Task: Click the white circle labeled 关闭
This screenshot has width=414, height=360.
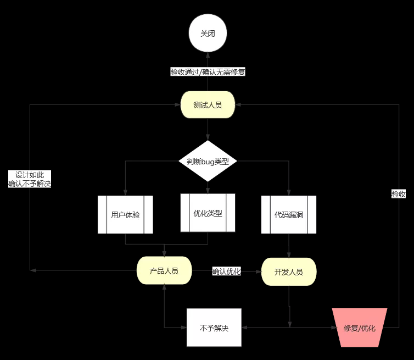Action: click(208, 34)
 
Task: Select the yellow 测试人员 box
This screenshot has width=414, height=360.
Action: click(208, 105)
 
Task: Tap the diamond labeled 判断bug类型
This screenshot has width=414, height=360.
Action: click(208, 161)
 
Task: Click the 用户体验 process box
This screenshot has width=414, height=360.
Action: click(125, 215)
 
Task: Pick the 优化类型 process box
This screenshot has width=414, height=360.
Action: click(208, 213)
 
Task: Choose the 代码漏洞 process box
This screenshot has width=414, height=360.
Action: click(289, 215)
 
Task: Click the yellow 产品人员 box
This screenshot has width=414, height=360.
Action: click(164, 270)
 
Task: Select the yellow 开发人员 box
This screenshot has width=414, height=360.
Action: click(289, 272)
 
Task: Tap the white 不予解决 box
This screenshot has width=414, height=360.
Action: click(214, 328)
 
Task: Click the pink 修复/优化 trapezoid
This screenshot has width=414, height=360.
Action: click(360, 328)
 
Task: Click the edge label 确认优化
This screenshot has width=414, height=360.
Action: click(227, 271)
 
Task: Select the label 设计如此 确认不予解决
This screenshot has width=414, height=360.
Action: click(30, 179)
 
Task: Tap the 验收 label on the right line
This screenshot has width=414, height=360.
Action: click(399, 194)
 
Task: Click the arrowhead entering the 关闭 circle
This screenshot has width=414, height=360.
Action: click(208, 56)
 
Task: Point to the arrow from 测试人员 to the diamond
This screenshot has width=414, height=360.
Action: click(208, 132)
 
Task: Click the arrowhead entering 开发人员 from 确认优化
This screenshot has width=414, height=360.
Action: click(258, 271)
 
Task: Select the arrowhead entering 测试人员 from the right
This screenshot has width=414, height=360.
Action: click(238, 105)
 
